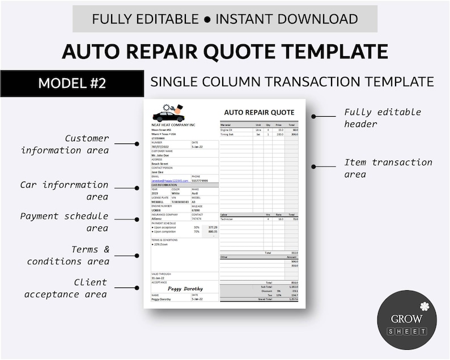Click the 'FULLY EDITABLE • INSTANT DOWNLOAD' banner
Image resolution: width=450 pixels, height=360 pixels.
[x=225, y=19]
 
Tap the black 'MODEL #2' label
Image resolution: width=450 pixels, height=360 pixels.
[x=72, y=83]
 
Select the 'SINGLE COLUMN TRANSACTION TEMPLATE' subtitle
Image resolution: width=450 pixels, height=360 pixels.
[x=292, y=82]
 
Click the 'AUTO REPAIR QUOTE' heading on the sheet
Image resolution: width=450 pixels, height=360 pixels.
[x=259, y=112]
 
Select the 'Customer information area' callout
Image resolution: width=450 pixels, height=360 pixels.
[x=65, y=144]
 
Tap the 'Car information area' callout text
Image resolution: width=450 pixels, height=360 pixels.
[x=64, y=190]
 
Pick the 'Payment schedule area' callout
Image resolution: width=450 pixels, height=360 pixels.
[x=64, y=222]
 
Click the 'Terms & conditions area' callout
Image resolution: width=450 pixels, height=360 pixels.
[x=68, y=255]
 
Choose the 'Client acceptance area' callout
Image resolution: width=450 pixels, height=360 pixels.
[x=67, y=288]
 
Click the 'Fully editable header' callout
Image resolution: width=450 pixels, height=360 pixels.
[x=383, y=118]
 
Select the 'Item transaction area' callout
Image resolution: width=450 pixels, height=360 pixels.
[x=388, y=168]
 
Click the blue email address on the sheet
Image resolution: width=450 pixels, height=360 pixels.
[x=169, y=180]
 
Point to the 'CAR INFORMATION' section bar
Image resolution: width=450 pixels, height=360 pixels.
[x=184, y=185]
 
